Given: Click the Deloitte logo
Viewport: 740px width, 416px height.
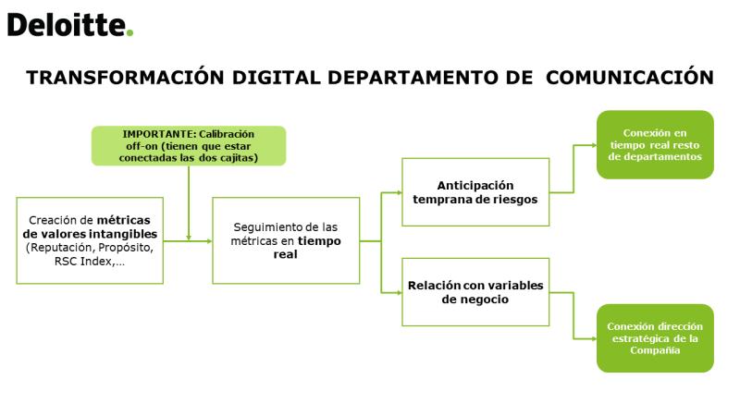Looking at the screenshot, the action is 70,25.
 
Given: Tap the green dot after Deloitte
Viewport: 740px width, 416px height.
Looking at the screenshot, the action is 129,33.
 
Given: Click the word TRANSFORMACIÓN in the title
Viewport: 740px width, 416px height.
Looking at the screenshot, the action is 125,78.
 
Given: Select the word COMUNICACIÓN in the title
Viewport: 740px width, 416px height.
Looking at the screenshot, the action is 630,78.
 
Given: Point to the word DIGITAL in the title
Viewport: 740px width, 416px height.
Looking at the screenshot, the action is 277,78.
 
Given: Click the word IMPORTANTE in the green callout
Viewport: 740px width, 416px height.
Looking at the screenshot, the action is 158,134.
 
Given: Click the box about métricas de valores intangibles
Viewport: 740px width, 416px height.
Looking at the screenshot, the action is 90,240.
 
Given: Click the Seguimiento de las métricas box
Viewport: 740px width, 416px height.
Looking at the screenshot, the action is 286,240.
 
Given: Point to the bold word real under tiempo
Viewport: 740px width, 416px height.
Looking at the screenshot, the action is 286,255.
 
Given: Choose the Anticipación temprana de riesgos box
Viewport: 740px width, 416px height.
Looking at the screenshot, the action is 475,192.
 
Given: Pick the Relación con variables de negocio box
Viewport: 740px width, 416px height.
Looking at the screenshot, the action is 475,292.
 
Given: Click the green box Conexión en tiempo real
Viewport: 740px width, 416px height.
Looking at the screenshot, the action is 655,145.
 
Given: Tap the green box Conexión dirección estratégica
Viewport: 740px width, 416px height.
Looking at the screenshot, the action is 655,338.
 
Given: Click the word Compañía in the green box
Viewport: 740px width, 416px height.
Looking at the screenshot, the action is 655,350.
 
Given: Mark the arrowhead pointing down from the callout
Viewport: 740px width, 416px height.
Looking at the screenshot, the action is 189,238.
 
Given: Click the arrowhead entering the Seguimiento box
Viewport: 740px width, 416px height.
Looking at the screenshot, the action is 210,241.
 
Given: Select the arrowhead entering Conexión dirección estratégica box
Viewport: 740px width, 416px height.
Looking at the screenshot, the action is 594,338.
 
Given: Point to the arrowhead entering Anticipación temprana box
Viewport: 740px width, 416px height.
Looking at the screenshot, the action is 399,192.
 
